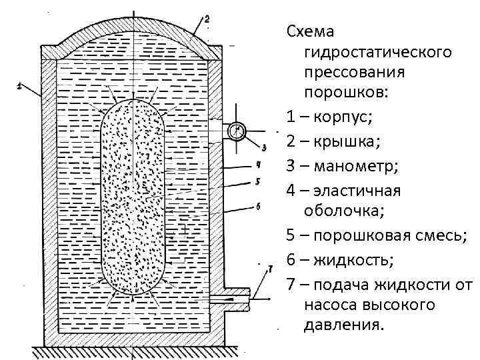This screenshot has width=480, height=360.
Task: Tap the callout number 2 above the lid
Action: [x=207, y=21]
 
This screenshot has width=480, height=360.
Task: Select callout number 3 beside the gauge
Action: [x=264, y=147]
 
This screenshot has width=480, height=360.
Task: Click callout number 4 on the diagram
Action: [x=258, y=165]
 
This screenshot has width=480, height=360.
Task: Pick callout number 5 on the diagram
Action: [x=258, y=182]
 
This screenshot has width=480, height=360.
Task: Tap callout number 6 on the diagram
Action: [x=258, y=207]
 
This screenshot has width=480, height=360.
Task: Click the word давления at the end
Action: [x=345, y=326]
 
